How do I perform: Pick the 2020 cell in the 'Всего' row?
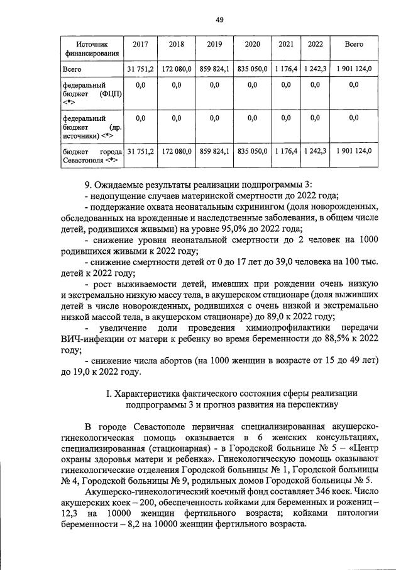click(x=253, y=68)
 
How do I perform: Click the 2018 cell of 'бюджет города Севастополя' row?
click(x=177, y=151)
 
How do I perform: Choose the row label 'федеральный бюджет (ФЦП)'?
click(x=92, y=93)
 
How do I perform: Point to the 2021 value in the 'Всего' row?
click(x=286, y=68)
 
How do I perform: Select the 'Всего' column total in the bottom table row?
click(x=354, y=151)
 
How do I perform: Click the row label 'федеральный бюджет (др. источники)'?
click(x=92, y=127)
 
